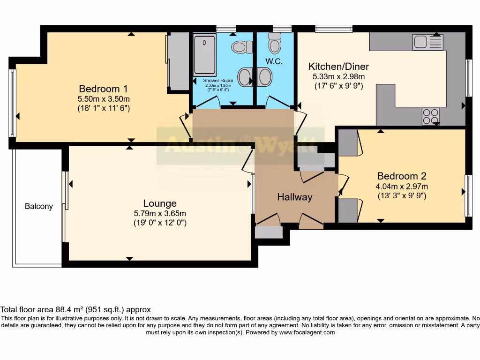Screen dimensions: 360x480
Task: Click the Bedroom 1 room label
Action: [x=103, y=89]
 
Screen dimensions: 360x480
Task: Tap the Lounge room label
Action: [x=160, y=203]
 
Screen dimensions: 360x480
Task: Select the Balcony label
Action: [x=39, y=206]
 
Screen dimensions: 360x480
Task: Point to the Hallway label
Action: [x=294, y=197]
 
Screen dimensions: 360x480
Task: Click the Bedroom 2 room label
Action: [x=402, y=176]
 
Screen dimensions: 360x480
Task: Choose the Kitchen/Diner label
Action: [x=338, y=66]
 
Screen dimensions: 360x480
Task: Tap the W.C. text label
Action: [x=274, y=61]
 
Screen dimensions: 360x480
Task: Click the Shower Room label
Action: [x=218, y=81]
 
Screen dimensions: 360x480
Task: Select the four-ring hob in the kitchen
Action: [x=430, y=116]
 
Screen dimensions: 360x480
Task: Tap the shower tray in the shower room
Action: [x=204, y=55]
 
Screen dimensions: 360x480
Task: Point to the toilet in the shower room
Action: [x=240, y=47]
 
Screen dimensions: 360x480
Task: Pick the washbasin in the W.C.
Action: [x=264, y=77]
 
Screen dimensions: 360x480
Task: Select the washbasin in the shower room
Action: [x=244, y=77]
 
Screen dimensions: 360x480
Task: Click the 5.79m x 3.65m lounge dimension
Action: [x=160, y=213]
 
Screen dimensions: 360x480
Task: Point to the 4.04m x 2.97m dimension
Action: [x=402, y=186]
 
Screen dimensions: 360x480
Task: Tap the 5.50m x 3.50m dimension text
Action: [x=103, y=98]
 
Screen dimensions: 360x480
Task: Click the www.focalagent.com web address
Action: [x=307, y=332]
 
